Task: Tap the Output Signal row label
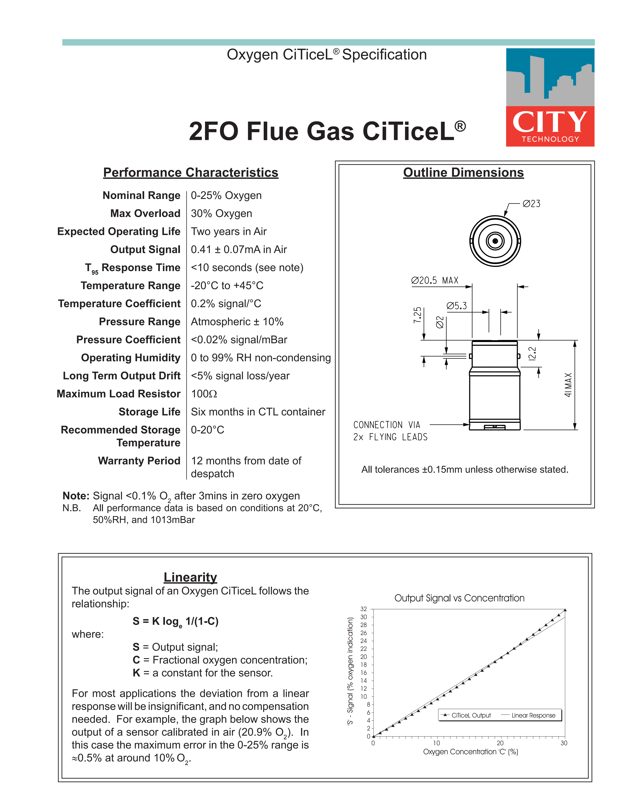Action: click(145, 249)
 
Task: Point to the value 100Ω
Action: click(204, 394)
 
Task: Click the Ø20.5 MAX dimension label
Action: click(435, 281)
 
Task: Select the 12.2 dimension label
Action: click(532, 354)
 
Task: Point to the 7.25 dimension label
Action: click(418, 315)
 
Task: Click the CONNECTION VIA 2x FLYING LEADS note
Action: click(390, 431)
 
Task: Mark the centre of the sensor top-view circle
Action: click(495, 241)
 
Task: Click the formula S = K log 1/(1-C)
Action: click(176, 622)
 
